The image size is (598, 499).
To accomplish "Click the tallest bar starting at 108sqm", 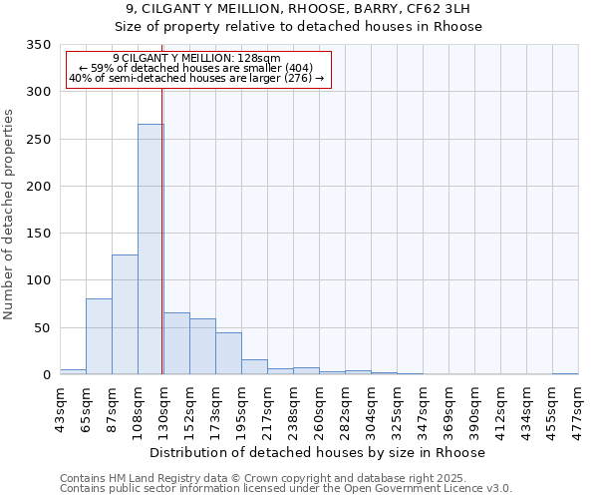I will coord(150,249).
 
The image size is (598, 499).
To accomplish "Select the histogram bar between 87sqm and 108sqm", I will coord(125,314).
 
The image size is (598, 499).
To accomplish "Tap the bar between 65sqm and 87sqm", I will coord(99,336).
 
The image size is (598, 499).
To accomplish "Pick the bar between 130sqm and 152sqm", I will coord(176,343).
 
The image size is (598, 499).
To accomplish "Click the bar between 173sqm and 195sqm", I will coord(228,353).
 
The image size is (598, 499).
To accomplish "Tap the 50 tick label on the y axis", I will coord(42,328).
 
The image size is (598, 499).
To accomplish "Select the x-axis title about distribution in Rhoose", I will coord(320,452).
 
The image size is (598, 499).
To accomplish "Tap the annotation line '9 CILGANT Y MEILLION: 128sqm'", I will coord(196,59).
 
